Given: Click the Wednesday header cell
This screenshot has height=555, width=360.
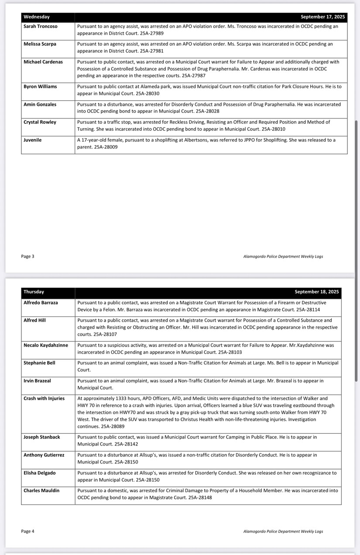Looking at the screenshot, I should coord(37,17).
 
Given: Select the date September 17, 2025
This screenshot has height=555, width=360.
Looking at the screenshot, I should coord(322,17).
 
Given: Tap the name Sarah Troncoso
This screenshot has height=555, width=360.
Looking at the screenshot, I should coord(41,27).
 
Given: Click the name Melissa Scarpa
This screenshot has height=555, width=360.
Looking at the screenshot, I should coord(40,44).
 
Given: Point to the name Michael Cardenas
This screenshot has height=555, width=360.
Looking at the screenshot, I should coord(43,62).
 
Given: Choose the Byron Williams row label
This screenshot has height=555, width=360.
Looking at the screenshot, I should coord(40,87).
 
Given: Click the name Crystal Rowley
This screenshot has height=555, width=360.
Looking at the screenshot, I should coord(40,122).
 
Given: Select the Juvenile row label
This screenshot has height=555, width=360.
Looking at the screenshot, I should coord(33,140).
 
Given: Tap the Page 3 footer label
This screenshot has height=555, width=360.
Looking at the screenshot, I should coord(27,256).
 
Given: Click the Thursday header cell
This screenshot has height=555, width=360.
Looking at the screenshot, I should coord(34,292).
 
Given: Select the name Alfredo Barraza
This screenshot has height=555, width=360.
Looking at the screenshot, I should coord(41,303).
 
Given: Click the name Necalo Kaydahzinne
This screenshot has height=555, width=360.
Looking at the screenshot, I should coord(46,345).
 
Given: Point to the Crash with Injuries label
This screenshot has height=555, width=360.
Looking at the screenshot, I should coord(44,398).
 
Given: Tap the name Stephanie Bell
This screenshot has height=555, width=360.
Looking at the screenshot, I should coord(40,363).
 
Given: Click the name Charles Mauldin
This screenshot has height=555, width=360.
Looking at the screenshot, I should coord(41,490).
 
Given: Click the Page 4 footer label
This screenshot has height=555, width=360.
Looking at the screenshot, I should coord(27,531).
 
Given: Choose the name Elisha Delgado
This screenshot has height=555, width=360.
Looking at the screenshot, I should coord(40,473).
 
